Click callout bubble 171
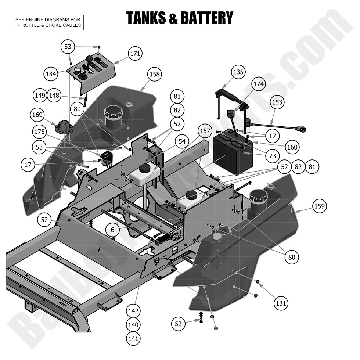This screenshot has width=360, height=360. point(135,54)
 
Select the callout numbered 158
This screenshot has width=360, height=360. point(155,74)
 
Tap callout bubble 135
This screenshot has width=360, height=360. point(238,72)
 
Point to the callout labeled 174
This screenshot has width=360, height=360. point(258,84)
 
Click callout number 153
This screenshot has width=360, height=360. point(277,102)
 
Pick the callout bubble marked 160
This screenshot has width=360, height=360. point(292,147)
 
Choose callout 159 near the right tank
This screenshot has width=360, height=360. point(319,206)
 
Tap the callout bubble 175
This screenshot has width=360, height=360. point(39,132)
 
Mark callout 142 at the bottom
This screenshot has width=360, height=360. point(133,311)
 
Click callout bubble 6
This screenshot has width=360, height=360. point(112,230)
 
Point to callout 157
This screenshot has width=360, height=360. point(205,131)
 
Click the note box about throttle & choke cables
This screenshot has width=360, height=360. point(48,22)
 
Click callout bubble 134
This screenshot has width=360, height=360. point(51,74)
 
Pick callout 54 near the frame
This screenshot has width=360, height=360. point(182,141)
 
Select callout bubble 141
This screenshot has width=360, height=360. point(133,338)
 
